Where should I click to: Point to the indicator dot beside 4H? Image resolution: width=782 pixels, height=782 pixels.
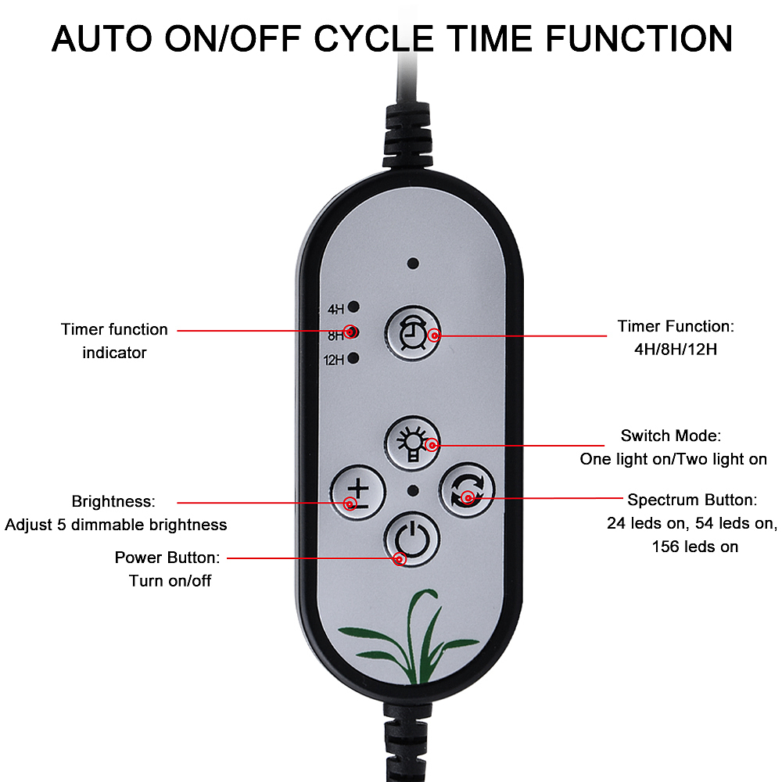(353, 307)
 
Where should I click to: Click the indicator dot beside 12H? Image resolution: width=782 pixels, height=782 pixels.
(353, 359)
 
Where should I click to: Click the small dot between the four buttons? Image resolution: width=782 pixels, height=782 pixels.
(413, 491)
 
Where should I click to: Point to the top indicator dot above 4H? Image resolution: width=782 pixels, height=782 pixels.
(413, 264)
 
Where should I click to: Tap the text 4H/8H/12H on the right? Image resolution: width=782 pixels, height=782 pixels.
(676, 349)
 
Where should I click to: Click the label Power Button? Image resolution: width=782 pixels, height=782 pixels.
(167, 558)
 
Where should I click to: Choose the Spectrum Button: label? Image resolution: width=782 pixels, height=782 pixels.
(692, 500)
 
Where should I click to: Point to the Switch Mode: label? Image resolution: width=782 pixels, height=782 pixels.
(670, 436)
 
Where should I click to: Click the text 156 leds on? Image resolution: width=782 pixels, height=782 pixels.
(694, 547)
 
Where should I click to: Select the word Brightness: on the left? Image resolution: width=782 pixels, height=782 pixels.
(113, 501)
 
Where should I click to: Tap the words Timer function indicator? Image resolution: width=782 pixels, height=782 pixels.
(114, 341)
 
